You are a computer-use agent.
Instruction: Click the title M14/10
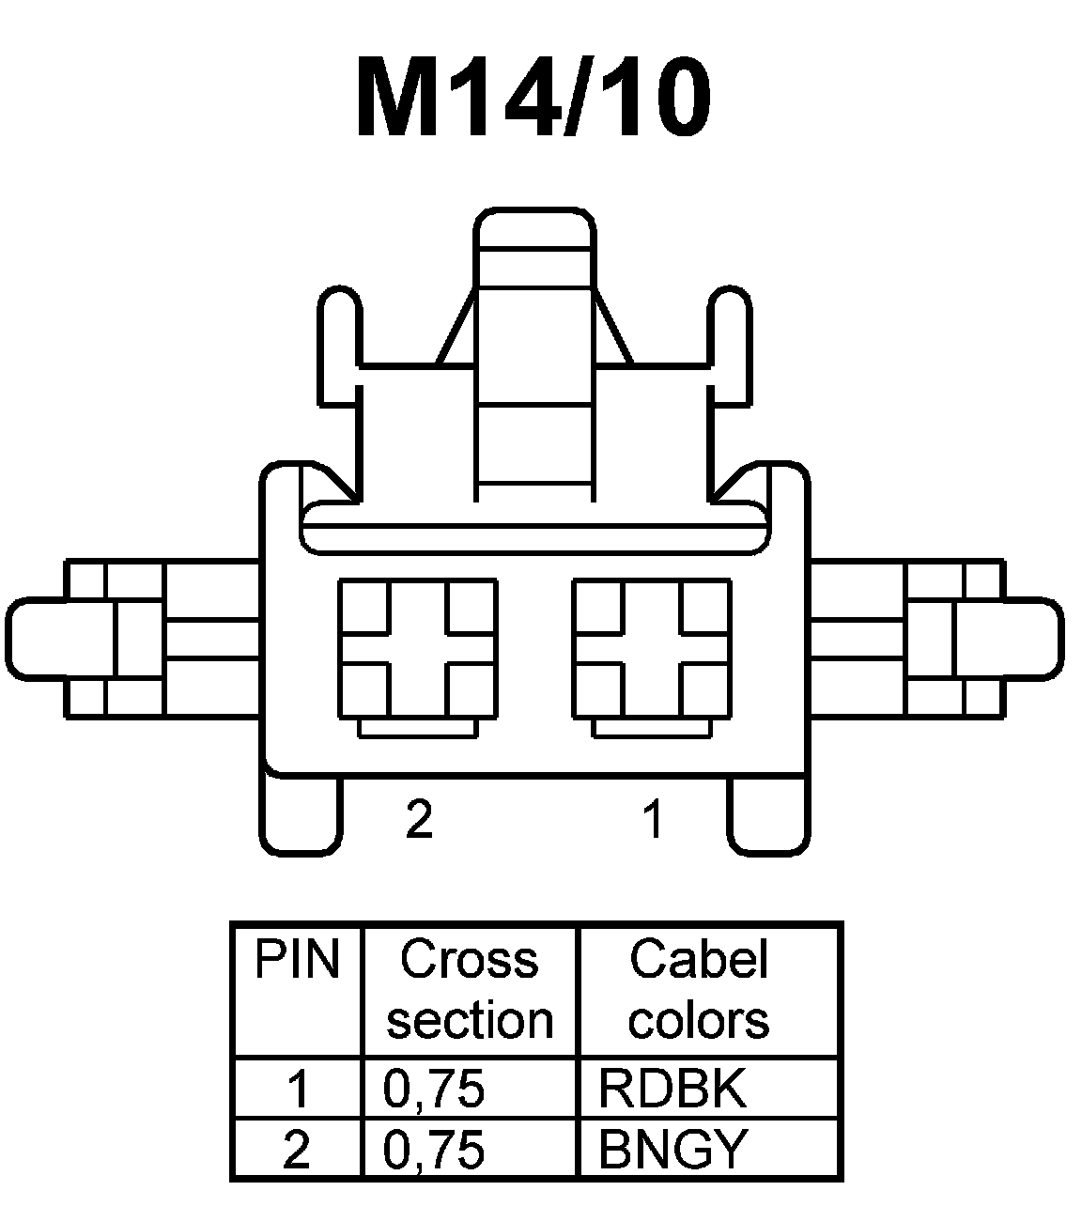(x=533, y=98)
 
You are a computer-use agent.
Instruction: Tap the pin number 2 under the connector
(x=419, y=819)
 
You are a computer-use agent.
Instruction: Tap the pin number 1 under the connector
(x=654, y=819)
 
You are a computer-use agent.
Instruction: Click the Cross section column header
(x=470, y=990)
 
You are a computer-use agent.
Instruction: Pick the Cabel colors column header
(x=699, y=990)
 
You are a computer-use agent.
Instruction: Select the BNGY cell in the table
(x=672, y=1148)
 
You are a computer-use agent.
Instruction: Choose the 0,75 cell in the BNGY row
(x=434, y=1148)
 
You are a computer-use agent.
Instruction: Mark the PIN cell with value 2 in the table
(x=297, y=1148)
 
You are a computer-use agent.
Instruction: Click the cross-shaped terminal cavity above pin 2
(x=418, y=648)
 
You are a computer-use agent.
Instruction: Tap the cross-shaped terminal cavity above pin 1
(x=652, y=648)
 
